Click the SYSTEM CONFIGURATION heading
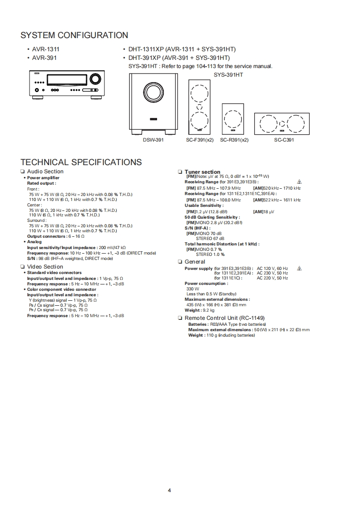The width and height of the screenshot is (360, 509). [74, 35]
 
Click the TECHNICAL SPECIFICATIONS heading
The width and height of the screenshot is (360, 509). [81, 162]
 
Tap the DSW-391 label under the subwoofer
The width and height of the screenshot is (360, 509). [153, 140]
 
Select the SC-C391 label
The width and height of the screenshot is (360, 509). [284, 140]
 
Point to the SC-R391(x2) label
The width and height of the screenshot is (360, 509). [234, 140]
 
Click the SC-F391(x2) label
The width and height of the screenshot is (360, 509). [200, 140]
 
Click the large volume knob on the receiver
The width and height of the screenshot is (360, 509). [95, 79]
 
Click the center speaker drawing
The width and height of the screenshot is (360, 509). [282, 123]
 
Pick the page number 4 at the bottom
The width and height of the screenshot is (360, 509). [169, 490]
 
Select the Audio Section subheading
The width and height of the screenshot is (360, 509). [45, 171]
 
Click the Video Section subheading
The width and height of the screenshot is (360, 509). [45, 267]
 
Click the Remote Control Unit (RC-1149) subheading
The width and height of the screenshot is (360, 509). [224, 318]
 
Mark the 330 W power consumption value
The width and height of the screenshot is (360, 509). [192, 289]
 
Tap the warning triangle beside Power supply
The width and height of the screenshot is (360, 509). [299, 269]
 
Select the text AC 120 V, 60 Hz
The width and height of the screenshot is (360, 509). [272, 269]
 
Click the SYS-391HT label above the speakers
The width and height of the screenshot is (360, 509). [228, 74]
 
